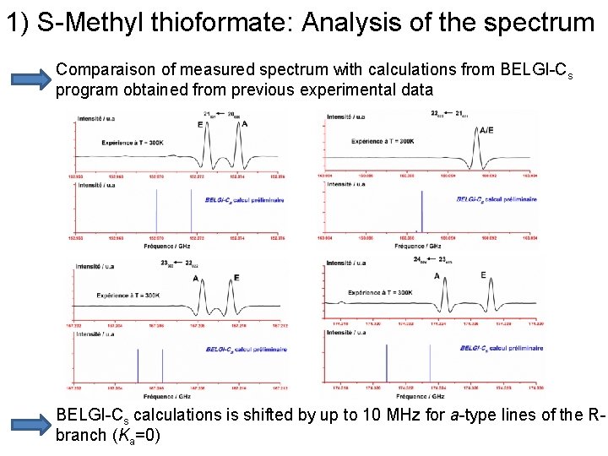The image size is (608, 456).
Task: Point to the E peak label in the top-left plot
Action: point(200,124)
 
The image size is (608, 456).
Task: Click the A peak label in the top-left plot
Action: point(245,124)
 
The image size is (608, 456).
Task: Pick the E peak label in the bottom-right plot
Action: point(483,275)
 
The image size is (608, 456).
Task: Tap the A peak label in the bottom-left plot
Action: point(196,277)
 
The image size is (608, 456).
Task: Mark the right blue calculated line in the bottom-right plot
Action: point(430,363)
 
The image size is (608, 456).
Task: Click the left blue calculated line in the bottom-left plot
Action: point(138,366)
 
